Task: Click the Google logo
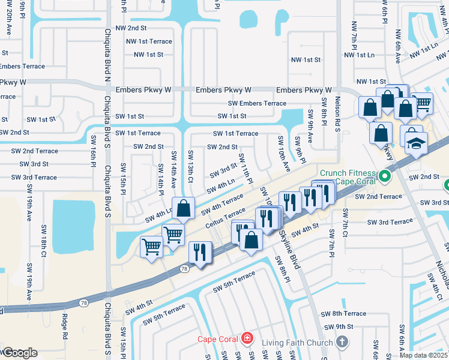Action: point(19,352)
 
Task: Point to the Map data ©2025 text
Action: point(424,355)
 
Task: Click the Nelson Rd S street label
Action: point(337,112)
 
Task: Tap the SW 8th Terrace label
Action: point(343,314)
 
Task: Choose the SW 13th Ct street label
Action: point(190,167)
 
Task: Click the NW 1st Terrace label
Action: point(149,41)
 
